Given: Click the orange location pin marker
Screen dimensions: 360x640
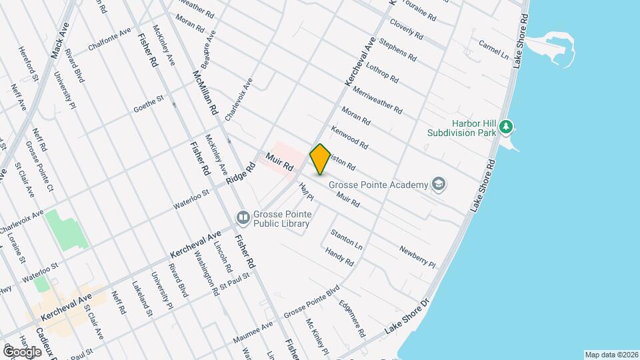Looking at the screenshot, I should tap(320, 159).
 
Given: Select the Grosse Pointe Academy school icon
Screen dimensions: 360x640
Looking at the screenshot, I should tap(438, 184).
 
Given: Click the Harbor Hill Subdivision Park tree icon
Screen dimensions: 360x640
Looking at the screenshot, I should tap(507, 126).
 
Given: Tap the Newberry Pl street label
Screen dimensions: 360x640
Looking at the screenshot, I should tap(417, 257).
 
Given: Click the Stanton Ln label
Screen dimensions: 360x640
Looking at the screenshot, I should tap(346, 239).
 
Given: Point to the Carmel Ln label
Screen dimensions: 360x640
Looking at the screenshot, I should tap(493, 47).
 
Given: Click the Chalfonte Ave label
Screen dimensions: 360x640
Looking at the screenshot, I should tap(110, 41).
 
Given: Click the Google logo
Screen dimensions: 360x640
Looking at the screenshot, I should tap(22, 351).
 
